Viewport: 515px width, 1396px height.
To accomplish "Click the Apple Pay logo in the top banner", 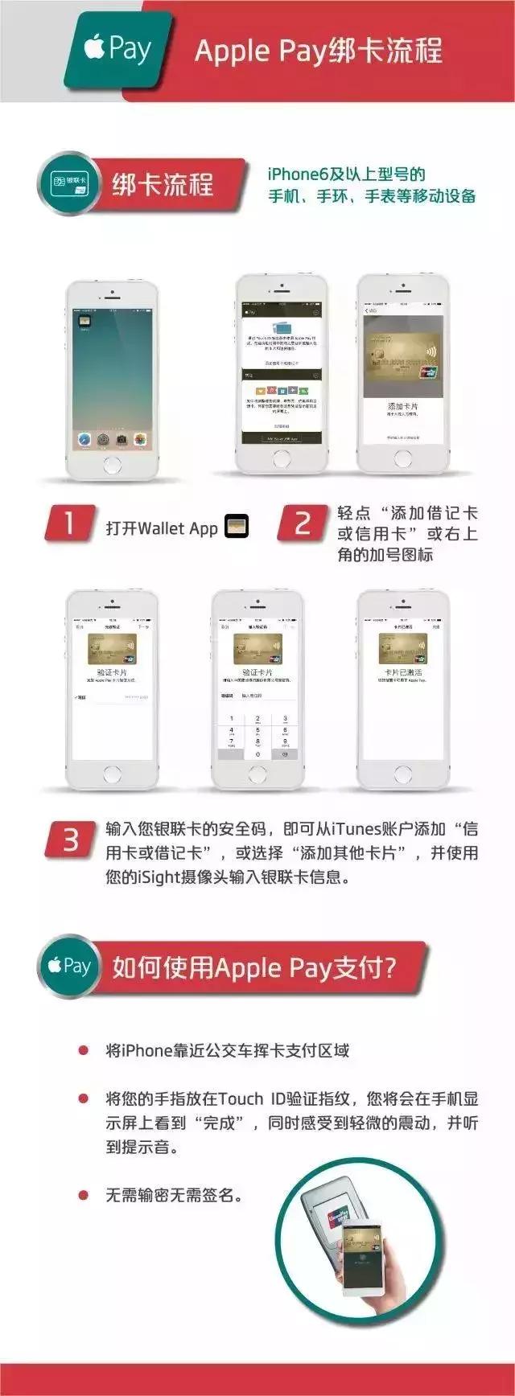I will click(118, 50).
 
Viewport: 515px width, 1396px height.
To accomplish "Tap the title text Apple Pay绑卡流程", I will click(318, 51).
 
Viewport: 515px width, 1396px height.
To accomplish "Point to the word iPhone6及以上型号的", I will click(346, 174).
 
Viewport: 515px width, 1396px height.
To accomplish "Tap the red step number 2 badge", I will click(303, 523).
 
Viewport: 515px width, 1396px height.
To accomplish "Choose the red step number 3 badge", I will click(71, 840).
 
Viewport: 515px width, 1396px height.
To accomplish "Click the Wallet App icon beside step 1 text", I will click(236, 527).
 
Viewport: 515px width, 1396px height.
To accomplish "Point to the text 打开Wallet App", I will click(162, 528).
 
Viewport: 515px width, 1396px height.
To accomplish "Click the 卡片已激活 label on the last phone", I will click(402, 671).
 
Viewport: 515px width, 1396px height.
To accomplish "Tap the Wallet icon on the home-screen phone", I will click(82, 320).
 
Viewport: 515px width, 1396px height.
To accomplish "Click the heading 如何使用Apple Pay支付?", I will click(253, 967).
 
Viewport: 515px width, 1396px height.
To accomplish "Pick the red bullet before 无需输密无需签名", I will click(83, 1196).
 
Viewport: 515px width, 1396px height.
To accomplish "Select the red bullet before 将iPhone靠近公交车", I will click(83, 1051).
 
